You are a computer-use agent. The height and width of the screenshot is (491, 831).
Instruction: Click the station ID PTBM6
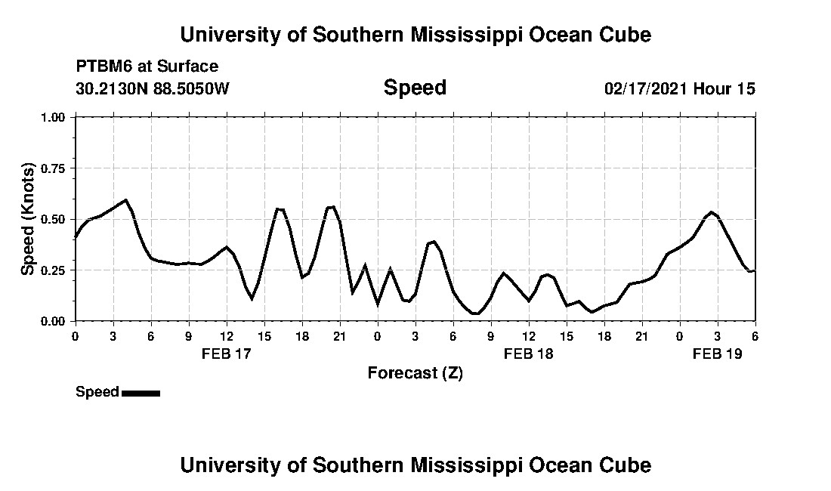click(102, 66)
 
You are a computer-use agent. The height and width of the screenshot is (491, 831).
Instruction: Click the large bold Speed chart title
click(415, 88)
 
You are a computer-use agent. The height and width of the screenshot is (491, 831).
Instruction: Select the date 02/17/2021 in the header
click(646, 88)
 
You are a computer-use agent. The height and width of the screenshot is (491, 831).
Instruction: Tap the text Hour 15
click(724, 88)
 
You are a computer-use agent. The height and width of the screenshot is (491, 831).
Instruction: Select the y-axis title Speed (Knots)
click(28, 219)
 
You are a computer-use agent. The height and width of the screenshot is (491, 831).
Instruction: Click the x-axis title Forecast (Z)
click(415, 372)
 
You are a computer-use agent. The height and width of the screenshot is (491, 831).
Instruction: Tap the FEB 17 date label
click(226, 353)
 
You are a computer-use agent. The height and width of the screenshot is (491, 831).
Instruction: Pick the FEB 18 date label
click(528, 353)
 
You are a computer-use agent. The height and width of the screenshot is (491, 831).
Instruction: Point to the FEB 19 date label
click(717, 353)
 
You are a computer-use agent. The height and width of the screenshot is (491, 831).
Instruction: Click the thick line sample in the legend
click(141, 393)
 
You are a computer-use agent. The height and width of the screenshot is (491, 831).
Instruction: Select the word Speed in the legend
click(97, 392)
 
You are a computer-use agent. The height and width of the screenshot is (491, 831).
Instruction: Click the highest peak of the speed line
click(125, 200)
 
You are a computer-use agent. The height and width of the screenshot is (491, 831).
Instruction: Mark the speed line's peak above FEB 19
click(711, 212)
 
